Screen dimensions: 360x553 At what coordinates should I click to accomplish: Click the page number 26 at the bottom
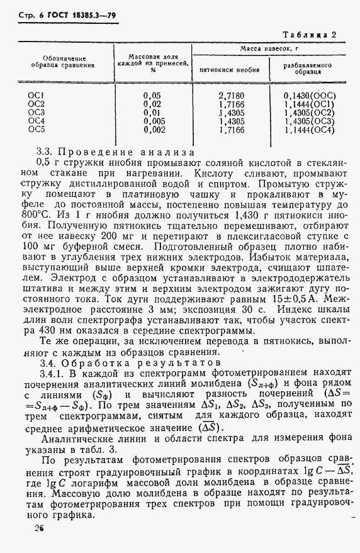coord(39,528)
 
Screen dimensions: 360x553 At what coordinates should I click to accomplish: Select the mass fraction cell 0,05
coord(153,96)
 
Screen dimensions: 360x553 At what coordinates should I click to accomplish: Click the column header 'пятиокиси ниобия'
coord(229,70)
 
